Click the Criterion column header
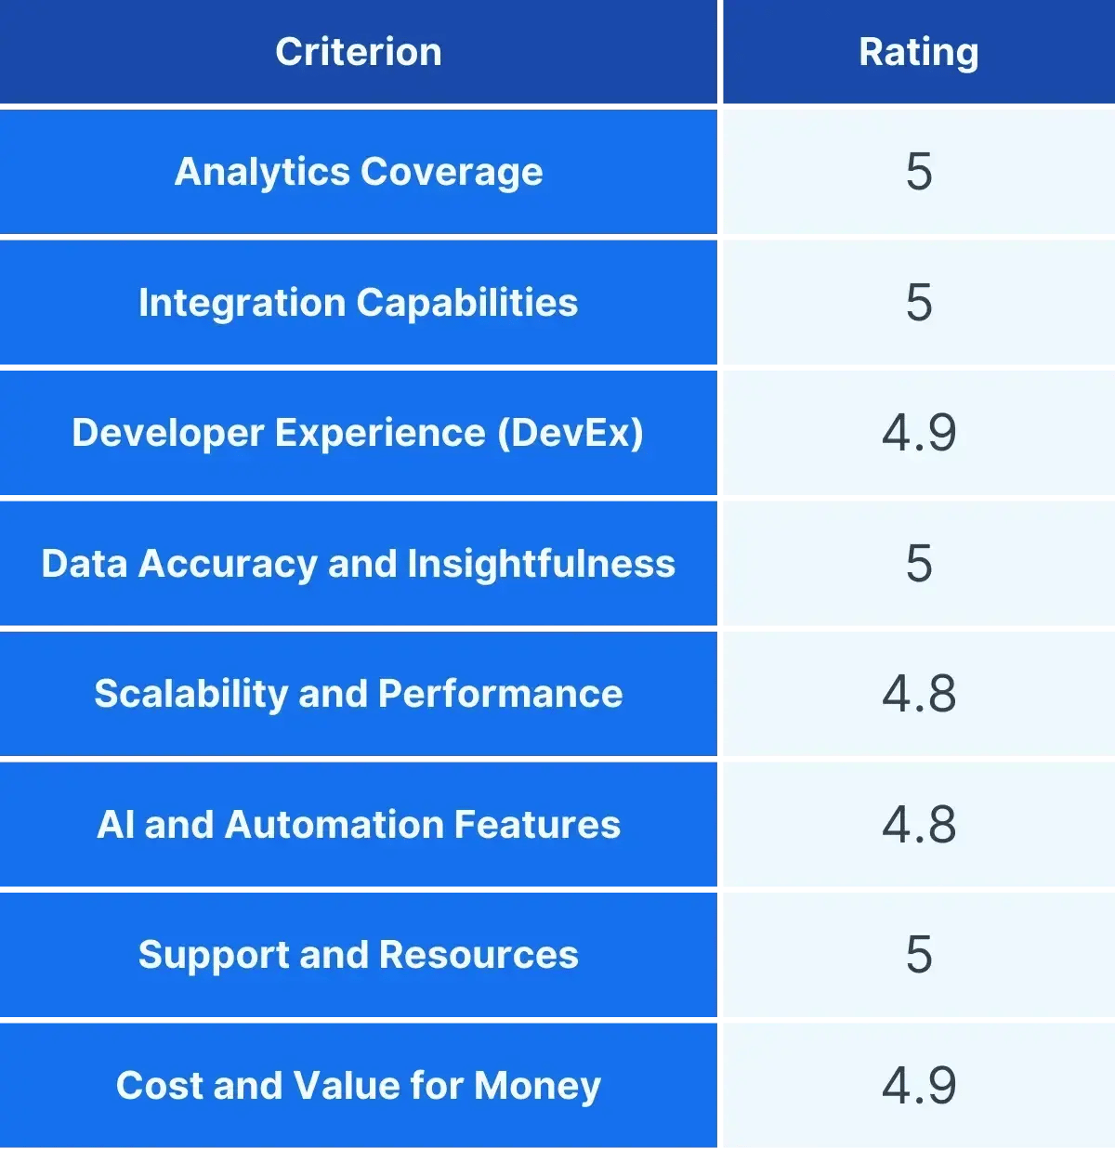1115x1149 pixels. [x=358, y=52]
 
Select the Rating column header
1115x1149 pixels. [x=918, y=52]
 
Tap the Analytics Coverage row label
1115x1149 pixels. [x=359, y=172]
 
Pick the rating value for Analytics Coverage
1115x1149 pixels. [x=918, y=172]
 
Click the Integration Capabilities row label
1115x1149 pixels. [x=358, y=303]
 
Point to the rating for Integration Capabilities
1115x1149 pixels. [x=918, y=303]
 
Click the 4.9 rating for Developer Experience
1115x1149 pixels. [x=918, y=433]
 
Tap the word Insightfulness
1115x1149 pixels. [x=541, y=564]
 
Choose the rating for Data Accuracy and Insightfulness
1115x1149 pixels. [x=918, y=564]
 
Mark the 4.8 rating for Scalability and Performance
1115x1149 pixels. [x=918, y=694]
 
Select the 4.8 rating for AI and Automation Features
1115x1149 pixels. [x=918, y=825]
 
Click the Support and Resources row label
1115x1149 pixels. [x=358, y=955]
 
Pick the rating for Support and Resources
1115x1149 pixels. [x=918, y=955]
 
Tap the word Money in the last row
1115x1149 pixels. [x=537, y=1086]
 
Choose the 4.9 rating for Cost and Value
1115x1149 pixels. [x=918, y=1086]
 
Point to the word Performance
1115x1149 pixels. [x=500, y=694]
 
